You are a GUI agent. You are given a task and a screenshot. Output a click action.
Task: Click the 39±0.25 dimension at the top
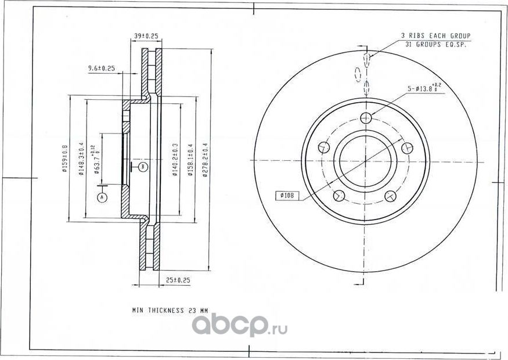[x=146, y=36]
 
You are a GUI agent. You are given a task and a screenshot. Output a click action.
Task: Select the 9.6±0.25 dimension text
[x=102, y=69]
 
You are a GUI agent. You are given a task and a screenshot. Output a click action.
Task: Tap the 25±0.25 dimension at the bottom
[x=178, y=280]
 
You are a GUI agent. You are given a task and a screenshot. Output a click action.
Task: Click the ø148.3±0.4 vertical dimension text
[x=82, y=159]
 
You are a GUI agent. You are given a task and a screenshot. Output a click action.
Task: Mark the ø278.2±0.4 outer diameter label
[x=204, y=160]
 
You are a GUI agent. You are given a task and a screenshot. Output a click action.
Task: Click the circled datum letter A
[x=103, y=197]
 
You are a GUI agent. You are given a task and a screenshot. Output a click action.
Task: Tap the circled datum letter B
[x=143, y=167]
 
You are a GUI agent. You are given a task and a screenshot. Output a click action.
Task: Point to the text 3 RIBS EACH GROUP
[x=435, y=36]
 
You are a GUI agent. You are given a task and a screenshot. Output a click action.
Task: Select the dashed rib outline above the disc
[x=358, y=73]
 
